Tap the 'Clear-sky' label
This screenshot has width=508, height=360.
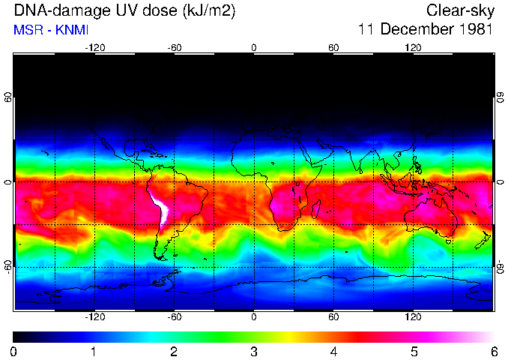459,11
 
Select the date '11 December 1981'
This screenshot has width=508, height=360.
425,31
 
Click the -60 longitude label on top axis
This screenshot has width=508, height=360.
175,47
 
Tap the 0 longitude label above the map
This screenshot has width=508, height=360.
254,47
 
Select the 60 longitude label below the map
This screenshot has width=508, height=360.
334,317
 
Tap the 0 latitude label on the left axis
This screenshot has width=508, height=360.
8,181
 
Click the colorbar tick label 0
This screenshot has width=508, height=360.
14,351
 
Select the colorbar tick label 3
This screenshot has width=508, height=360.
254,351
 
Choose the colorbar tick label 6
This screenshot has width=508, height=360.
493,351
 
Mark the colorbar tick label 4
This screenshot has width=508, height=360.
333,351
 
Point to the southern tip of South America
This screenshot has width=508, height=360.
160,258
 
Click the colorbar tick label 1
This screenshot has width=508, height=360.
94,351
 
